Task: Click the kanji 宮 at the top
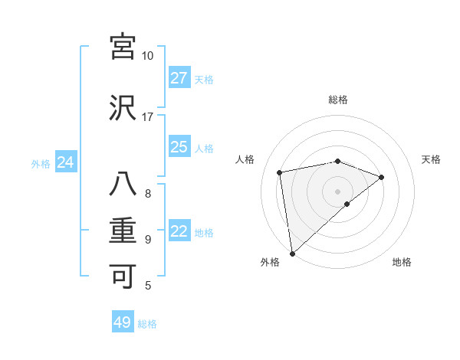123,47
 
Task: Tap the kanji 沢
123,108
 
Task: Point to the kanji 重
123,231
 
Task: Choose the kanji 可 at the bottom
123,277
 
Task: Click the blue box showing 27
179,78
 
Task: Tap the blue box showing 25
179,147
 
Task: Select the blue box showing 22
179,231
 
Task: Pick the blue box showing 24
66,162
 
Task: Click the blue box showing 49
123,322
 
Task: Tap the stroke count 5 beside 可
148,286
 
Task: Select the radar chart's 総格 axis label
338,100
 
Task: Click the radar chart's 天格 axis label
432,159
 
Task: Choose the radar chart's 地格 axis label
402,262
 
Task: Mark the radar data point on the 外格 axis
292,253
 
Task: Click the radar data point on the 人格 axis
280,172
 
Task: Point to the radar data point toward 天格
382,177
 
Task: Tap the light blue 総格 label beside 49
147,324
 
